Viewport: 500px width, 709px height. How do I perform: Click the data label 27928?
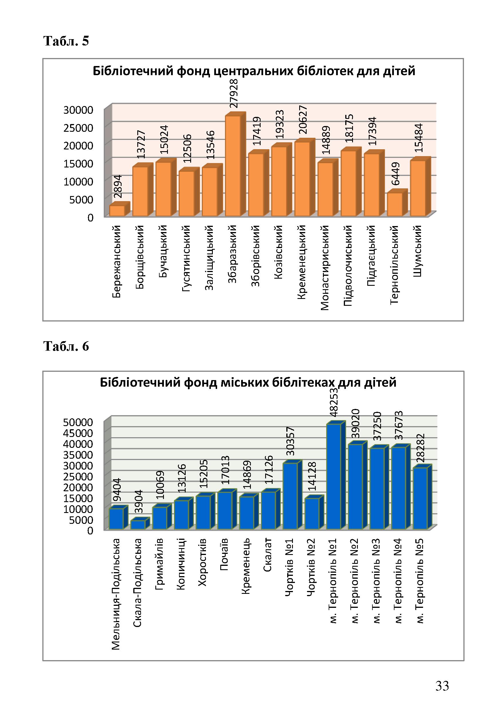click(x=234, y=93)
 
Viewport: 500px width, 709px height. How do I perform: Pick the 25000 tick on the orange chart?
click(x=78, y=127)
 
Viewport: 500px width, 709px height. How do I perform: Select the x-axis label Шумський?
click(x=418, y=251)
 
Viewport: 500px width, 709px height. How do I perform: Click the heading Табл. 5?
click(x=66, y=41)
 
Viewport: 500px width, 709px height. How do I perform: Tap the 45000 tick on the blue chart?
click(x=78, y=433)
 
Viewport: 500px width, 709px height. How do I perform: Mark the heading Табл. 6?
click(x=66, y=346)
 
